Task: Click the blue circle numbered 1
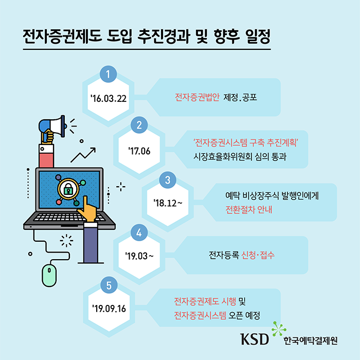pos(108,75)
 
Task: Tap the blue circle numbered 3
pos(168,179)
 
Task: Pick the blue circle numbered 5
pos(108,284)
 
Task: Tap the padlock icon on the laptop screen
pos(67,189)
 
